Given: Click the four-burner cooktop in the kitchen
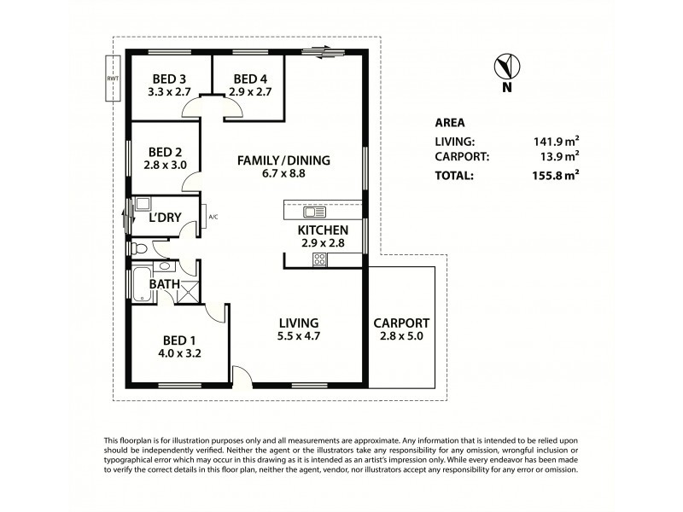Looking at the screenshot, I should (321, 259).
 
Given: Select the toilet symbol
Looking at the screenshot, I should (142, 248).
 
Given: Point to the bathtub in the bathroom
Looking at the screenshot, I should (141, 283).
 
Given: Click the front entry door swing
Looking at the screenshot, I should (243, 376).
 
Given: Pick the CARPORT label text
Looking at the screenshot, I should (401, 323).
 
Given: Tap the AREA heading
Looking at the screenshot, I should (450, 122).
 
